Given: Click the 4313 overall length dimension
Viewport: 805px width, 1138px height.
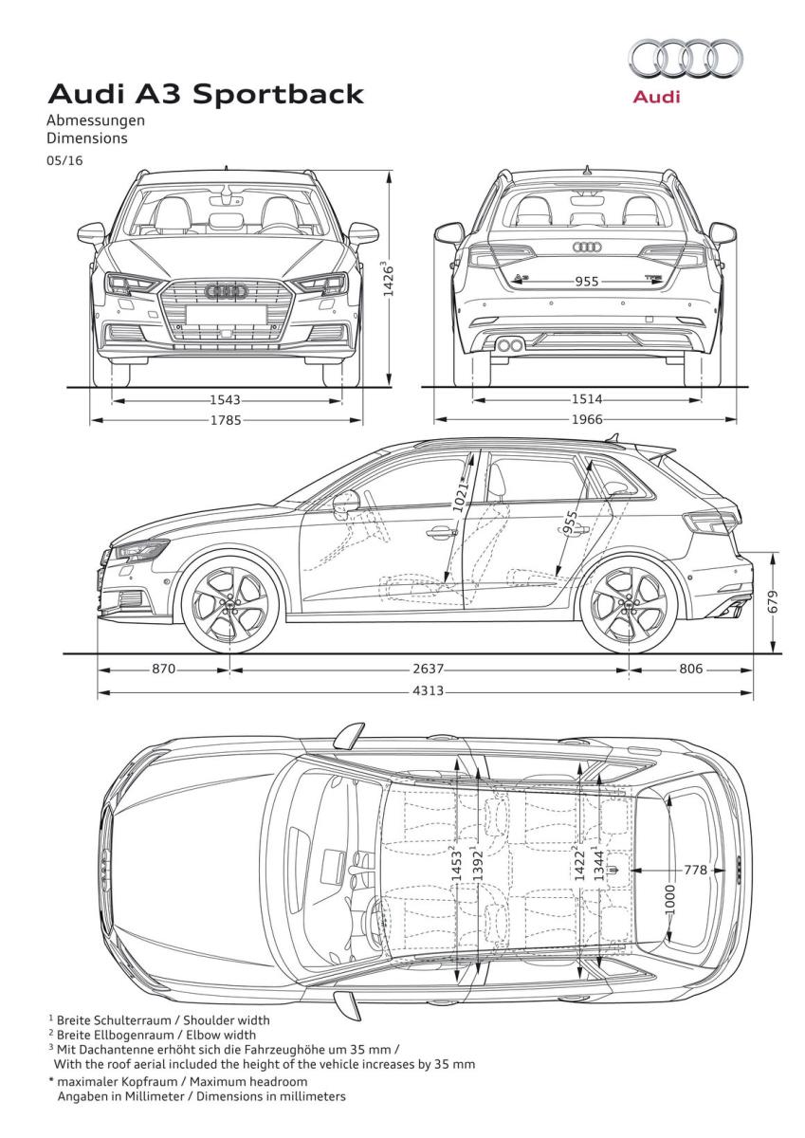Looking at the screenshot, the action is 429,691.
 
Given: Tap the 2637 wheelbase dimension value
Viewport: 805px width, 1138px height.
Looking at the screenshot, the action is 429,669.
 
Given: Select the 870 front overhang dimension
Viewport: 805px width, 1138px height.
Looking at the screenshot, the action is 163,669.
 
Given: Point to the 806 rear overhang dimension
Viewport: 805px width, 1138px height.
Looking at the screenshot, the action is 691,669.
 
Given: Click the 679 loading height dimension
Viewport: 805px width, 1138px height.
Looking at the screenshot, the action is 774,601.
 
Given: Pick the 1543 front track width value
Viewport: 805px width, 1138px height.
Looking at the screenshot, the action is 225,400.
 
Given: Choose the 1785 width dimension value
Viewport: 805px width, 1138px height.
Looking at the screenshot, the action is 226,420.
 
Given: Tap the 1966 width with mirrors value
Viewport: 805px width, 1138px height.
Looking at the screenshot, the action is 587,419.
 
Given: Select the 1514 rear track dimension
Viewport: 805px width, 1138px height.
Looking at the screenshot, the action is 587,399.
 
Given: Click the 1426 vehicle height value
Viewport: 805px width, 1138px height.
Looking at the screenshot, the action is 389,280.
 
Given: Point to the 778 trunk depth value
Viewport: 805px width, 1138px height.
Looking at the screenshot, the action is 695,870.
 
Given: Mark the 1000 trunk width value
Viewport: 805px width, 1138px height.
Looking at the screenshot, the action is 670,899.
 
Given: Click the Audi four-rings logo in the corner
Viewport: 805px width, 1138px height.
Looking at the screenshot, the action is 686,59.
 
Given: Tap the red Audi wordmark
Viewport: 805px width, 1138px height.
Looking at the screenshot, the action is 656,97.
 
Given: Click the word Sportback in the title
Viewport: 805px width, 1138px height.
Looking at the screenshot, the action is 278,95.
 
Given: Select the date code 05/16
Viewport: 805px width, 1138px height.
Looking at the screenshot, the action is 64,160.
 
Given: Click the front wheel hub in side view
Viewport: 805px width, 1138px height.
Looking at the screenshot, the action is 230,605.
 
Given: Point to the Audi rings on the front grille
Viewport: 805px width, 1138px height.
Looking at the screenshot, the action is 226,290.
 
